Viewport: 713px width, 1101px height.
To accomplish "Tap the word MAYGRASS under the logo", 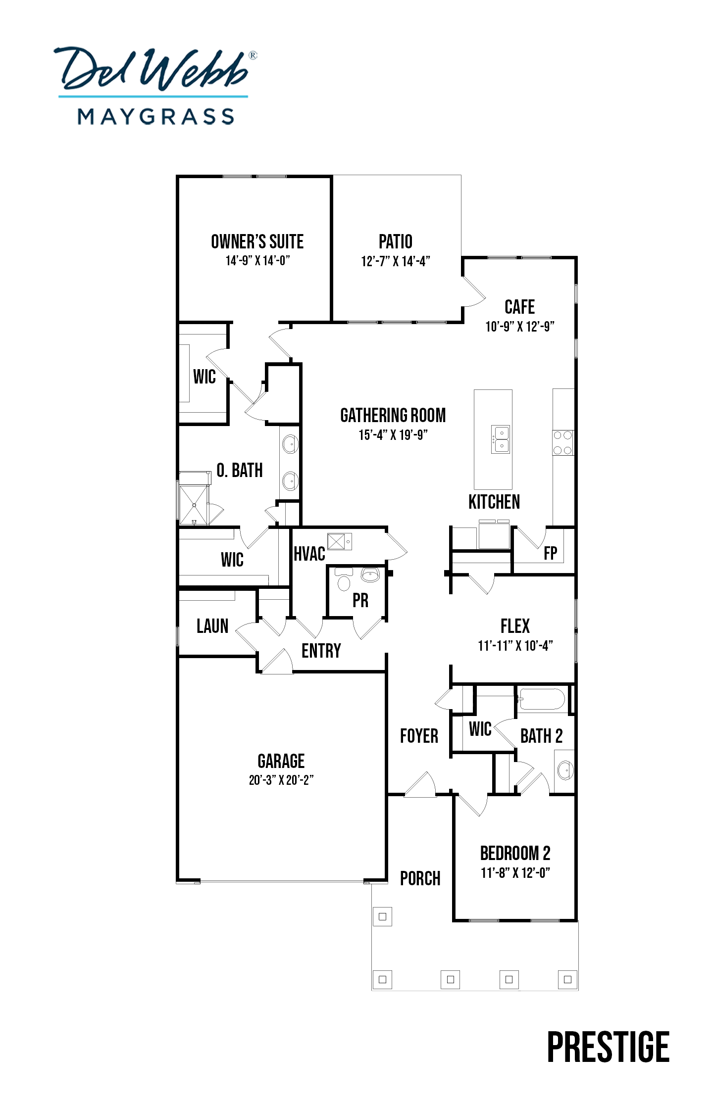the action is click(x=156, y=117).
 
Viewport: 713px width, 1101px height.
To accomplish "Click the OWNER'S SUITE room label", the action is click(x=257, y=241).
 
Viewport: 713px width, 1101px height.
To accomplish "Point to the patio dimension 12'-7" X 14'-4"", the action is click(x=396, y=261).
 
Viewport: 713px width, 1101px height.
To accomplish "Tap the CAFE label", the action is click(x=519, y=307).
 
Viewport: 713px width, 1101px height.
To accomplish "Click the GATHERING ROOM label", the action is click(x=393, y=415).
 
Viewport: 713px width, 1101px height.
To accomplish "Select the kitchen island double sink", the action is click(x=501, y=439).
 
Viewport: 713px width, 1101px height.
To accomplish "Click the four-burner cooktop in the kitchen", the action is click(x=563, y=443).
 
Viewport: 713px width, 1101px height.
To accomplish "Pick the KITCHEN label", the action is click(x=494, y=502).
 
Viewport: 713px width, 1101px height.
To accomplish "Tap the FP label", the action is click(x=550, y=553).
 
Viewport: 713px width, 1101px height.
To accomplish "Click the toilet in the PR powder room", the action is click(x=343, y=579).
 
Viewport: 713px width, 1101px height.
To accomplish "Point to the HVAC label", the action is click(x=309, y=554).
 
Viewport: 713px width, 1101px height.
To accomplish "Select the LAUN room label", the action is click(x=212, y=626).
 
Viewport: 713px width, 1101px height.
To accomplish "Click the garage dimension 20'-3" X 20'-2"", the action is click(x=281, y=780).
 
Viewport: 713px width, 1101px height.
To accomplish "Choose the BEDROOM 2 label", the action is click(x=515, y=853).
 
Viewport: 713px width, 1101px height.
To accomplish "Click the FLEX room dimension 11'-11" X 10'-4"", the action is click(x=515, y=645).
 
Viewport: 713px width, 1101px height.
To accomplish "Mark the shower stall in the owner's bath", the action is click(x=194, y=504).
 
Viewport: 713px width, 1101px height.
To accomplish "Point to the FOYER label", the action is click(x=419, y=736).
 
